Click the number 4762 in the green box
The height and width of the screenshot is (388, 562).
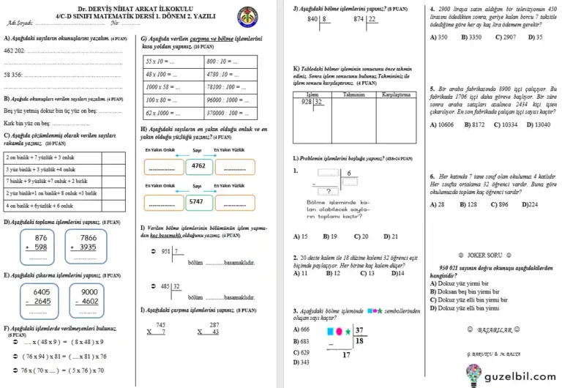197,166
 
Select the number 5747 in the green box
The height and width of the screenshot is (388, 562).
197,201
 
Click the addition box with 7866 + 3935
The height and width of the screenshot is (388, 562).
88,243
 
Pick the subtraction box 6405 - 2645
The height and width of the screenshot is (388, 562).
41,296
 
